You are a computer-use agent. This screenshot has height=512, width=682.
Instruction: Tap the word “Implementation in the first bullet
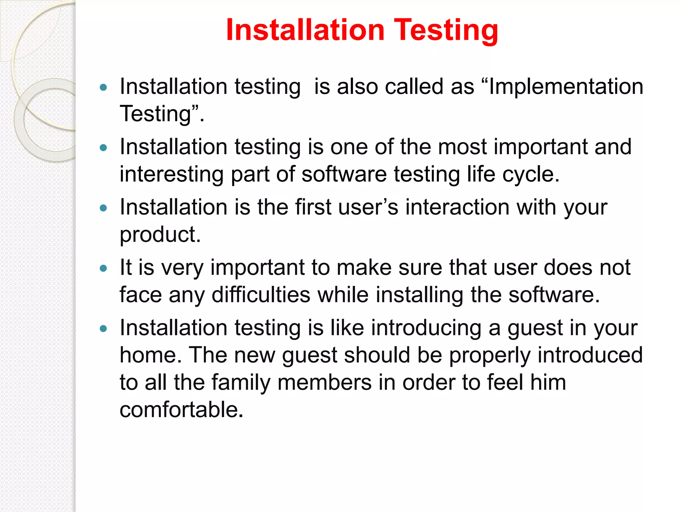[x=562, y=87]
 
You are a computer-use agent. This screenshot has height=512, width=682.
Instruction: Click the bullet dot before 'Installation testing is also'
[x=104, y=87]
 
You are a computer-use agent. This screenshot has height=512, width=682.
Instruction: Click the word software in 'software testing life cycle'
[x=344, y=174]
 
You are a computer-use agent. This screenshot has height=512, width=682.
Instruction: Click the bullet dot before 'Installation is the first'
[x=104, y=208]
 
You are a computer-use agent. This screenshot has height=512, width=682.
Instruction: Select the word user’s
[x=368, y=207]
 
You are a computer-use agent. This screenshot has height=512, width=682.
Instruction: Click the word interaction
[x=457, y=207]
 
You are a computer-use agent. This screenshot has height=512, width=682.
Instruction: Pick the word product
[x=160, y=235]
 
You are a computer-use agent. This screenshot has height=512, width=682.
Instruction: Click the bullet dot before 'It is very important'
[x=104, y=268]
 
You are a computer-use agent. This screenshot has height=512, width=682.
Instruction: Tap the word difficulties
[x=261, y=295]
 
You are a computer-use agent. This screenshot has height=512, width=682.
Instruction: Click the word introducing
[x=426, y=328]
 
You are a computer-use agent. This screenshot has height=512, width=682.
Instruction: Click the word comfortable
[x=181, y=410]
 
